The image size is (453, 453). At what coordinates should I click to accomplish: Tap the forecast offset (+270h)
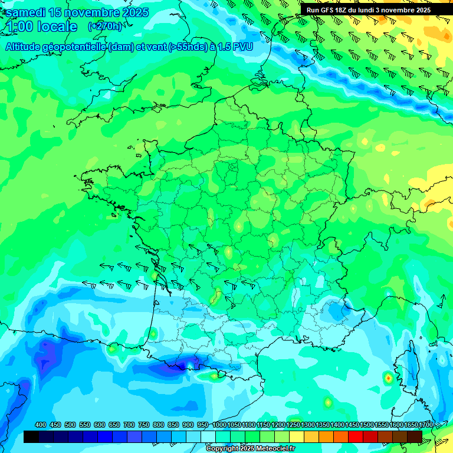pos(105,27)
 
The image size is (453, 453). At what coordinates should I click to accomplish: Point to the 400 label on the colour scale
pos(41,425)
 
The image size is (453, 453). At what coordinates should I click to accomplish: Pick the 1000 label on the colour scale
pos(219,425)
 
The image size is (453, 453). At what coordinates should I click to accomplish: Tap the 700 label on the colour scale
pos(130,425)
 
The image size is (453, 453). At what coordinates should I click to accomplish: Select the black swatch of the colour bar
pos(31,436)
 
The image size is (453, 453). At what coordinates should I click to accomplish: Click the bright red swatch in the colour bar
pos(356,436)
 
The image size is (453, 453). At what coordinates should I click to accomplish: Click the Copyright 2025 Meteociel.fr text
pos(250,449)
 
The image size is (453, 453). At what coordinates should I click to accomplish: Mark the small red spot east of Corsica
pos(388,377)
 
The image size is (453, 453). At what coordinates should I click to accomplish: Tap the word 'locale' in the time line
pos(57,27)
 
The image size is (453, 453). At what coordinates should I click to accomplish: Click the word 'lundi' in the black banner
pos(363,10)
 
